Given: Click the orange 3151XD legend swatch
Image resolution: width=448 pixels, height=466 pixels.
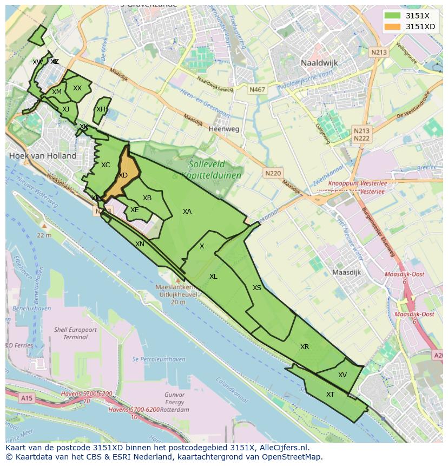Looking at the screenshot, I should (393, 27).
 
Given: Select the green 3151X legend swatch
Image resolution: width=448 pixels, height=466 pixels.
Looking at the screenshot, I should (393, 16).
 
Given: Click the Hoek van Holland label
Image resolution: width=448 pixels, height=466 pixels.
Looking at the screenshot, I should (43, 156).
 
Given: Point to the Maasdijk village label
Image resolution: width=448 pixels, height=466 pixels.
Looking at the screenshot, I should (346, 272).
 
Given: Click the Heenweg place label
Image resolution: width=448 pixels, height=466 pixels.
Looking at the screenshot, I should (224, 129).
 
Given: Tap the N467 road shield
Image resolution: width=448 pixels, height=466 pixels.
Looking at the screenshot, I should (257, 89).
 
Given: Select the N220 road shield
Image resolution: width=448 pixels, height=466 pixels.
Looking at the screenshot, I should (273, 173).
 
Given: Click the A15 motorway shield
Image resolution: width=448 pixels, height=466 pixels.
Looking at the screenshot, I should (26, 398).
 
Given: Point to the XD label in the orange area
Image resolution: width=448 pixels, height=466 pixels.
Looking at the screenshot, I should (123, 175).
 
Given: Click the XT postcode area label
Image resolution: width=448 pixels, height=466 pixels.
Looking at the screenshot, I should (330, 395).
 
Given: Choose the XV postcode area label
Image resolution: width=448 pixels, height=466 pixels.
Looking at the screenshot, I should (342, 375).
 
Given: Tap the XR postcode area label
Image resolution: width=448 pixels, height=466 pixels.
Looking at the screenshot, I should (305, 347).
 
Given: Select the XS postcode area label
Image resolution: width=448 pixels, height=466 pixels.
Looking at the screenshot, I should (257, 288).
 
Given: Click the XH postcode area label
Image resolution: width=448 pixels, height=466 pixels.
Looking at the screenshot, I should (101, 109).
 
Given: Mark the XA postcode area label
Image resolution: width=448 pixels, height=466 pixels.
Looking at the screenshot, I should (187, 212).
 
